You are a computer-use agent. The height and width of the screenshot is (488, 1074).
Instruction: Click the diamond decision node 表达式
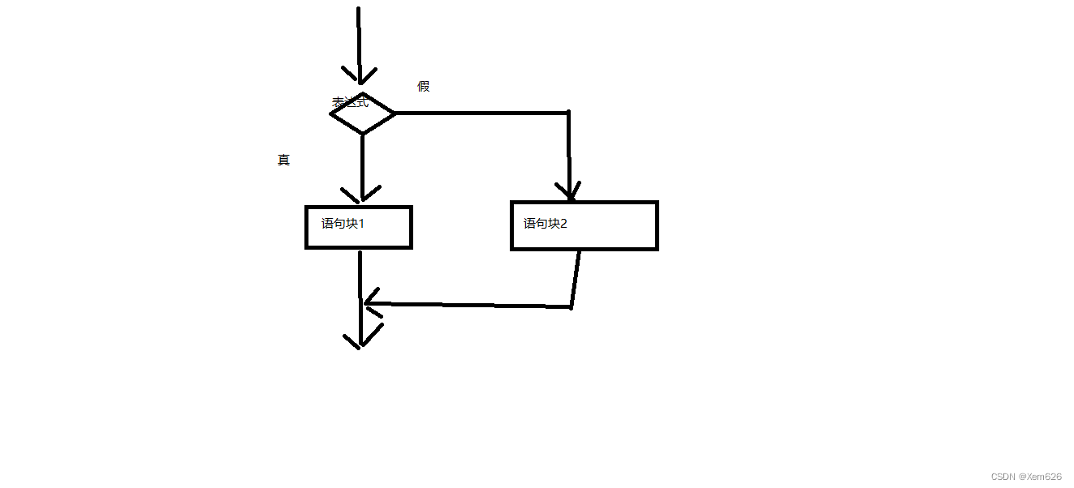[x=362, y=113]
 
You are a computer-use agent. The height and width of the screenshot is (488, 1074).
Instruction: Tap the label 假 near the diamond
[x=423, y=87]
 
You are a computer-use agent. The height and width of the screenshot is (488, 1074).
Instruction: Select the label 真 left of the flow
[x=283, y=161]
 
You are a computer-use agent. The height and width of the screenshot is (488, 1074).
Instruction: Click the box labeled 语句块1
[x=359, y=227]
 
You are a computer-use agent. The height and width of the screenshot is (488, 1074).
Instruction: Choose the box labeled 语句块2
[x=584, y=225]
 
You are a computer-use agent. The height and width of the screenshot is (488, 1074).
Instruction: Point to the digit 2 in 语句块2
[x=563, y=224]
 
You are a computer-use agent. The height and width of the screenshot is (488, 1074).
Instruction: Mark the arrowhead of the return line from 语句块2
[x=369, y=304]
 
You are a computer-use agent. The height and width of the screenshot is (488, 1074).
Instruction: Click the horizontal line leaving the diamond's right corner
[x=479, y=113]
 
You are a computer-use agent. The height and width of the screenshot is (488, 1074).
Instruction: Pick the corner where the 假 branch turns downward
[x=568, y=113]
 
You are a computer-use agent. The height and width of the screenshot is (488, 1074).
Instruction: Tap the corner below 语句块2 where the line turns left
[x=572, y=307]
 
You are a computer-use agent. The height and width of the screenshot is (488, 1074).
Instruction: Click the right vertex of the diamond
[x=394, y=113]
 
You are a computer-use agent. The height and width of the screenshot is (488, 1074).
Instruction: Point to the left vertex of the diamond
[x=332, y=113]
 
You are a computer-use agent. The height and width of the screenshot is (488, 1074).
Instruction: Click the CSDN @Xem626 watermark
[x=1026, y=477]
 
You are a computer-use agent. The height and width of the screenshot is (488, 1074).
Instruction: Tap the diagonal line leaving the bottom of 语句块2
[x=576, y=278]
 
